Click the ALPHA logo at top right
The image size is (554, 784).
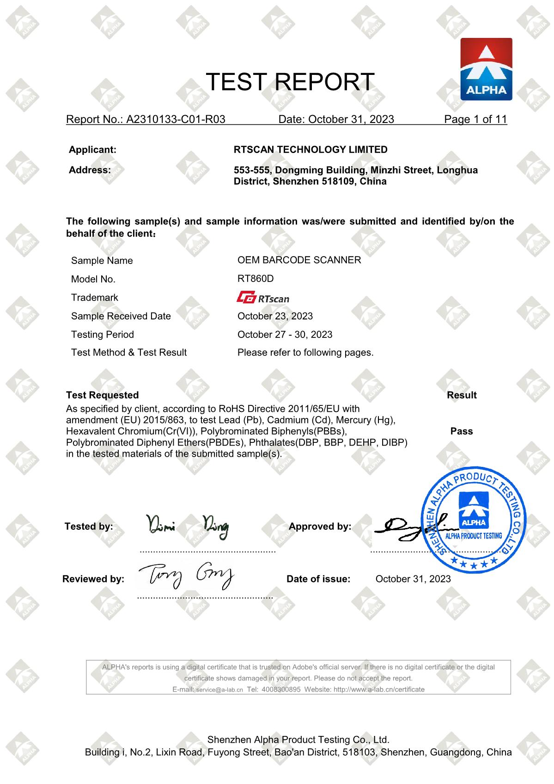(486, 69)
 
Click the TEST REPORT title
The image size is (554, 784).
(290, 82)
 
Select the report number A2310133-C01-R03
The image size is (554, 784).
(176, 119)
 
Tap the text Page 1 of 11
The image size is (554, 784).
(475, 119)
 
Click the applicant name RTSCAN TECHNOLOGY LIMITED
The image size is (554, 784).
(310, 150)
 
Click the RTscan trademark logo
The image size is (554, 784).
(263, 298)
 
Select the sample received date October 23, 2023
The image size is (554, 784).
(275, 316)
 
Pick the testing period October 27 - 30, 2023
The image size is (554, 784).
(285, 335)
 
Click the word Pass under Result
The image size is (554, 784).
(461, 431)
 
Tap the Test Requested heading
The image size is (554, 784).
(102, 395)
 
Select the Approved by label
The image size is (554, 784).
(320, 527)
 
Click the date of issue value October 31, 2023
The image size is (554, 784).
(413, 579)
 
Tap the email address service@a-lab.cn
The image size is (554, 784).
(219, 690)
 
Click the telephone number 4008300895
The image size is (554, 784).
(281, 690)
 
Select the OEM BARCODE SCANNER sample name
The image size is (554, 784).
(299, 260)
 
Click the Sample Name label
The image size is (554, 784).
(102, 261)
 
